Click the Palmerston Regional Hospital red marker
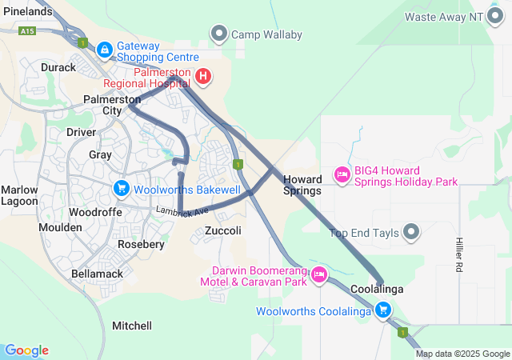click(x=203, y=77)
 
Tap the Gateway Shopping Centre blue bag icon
click(x=104, y=50)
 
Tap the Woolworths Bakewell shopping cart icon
click(x=122, y=189)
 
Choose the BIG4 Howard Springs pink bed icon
click(x=342, y=174)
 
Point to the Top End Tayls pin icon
click(x=411, y=233)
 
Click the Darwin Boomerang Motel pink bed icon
click(x=319, y=274)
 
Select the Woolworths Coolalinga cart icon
click(x=384, y=310)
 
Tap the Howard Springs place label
click(x=302, y=185)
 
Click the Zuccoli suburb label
click(x=223, y=230)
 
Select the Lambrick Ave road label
click(x=182, y=211)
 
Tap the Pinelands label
click(x=28, y=12)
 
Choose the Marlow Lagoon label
click(x=19, y=195)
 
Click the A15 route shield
click(x=29, y=30)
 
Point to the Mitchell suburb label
click(x=132, y=326)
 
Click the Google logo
click(x=26, y=350)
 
